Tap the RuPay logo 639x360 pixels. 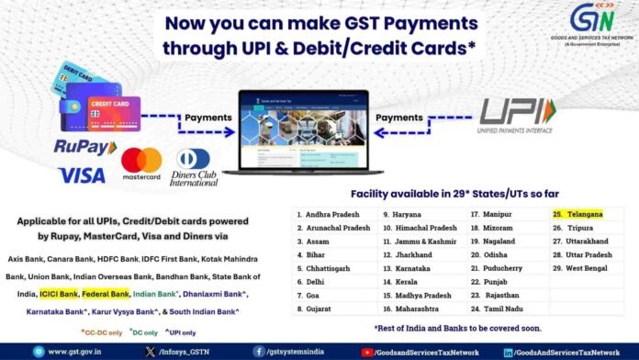coord(86,147)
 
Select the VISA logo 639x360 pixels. coord(81,174)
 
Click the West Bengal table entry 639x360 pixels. coord(585,267)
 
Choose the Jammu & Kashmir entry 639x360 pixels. coord(415,241)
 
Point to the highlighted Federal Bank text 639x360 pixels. coord(105,295)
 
